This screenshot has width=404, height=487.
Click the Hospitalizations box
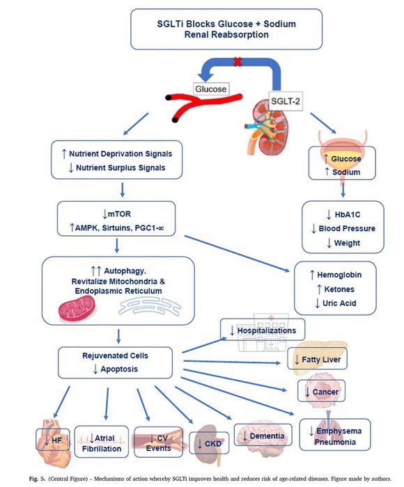(263, 330)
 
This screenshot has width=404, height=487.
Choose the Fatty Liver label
(317, 360)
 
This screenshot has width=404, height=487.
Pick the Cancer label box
(322, 392)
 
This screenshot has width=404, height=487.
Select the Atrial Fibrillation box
(101, 443)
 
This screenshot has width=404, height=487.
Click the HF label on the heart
(53, 440)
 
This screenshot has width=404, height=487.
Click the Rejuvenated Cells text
(114, 356)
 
